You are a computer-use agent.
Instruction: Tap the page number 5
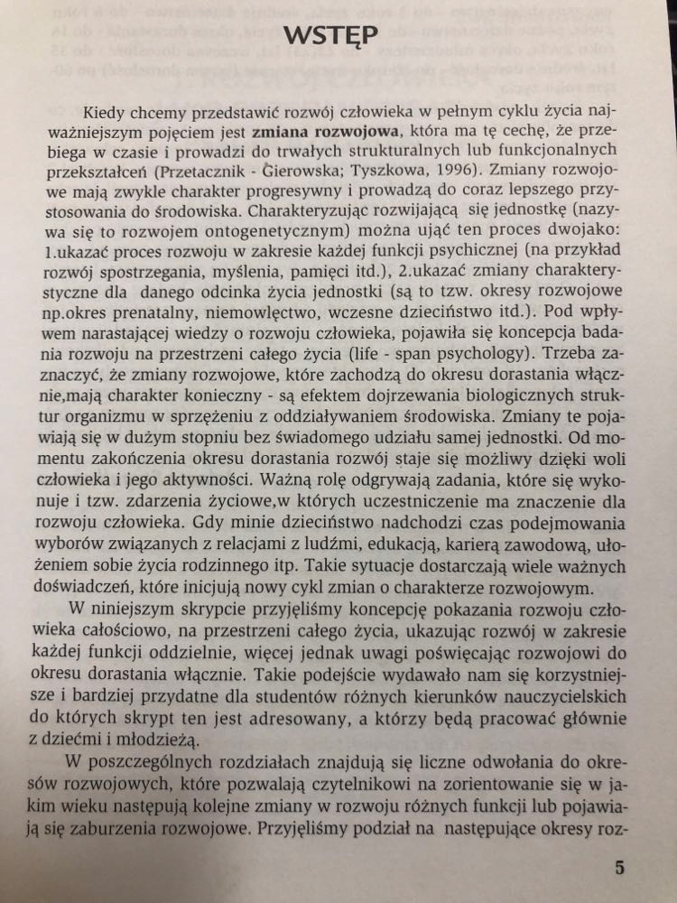pyautogui.click(x=619, y=868)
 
